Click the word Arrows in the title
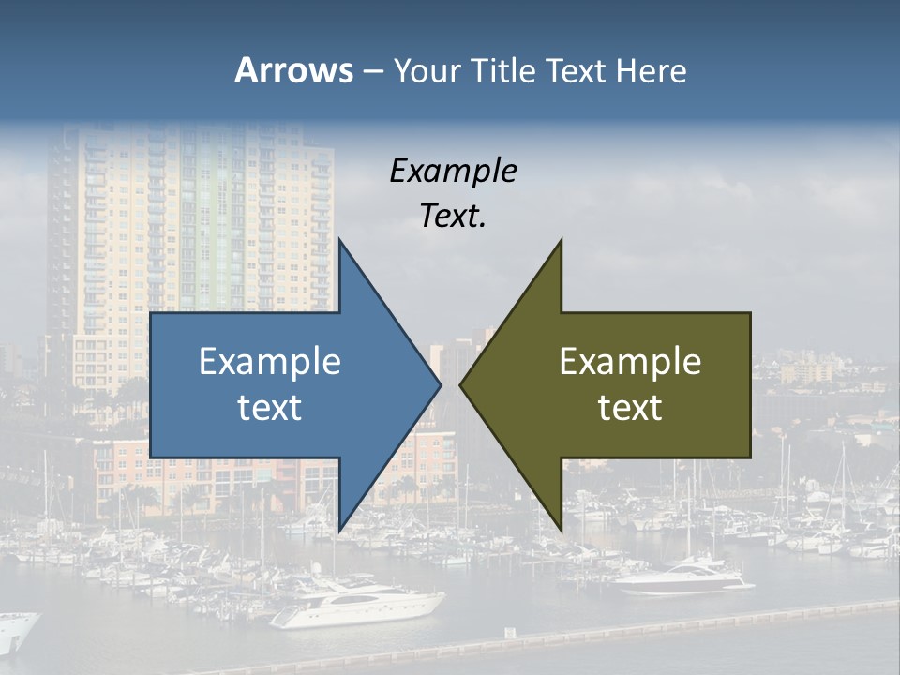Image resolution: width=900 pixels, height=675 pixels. [293, 70]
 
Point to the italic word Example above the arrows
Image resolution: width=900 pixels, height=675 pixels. [454, 171]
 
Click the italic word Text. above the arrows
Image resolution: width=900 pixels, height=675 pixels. [454, 217]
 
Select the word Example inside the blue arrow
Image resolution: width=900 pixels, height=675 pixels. [270, 362]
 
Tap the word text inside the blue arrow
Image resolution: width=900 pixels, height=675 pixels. [270, 408]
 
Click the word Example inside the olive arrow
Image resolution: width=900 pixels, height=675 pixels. [630, 362]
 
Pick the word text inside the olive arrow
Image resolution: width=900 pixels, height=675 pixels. [630, 408]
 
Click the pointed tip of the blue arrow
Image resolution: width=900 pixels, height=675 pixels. [441, 384]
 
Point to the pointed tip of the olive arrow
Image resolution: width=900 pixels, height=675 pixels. [460, 384]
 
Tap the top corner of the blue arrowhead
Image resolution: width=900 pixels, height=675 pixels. [339, 240]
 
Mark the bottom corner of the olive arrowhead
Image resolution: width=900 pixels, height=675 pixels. [562, 530]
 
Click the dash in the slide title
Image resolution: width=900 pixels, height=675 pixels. [372, 71]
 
